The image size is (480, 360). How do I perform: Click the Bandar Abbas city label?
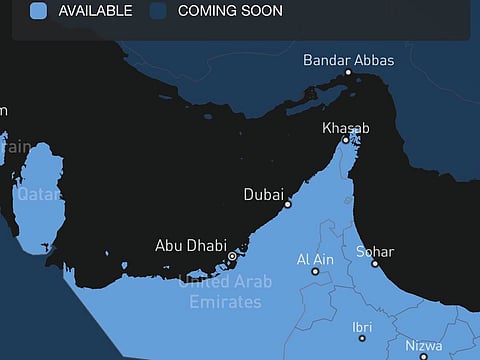(x=348, y=60)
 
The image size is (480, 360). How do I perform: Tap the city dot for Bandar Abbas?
(x=348, y=72)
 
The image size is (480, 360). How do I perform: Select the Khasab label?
(x=346, y=128)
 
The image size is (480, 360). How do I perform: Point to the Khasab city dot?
(x=346, y=140)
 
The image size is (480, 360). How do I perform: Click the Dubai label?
(x=264, y=194)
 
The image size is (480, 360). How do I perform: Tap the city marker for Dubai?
(x=288, y=204)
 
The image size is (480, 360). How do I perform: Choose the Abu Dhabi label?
(x=191, y=245)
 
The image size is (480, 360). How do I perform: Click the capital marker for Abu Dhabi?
(x=232, y=257)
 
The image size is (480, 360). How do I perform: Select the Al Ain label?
(x=315, y=260)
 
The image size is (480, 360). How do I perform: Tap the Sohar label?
(x=375, y=252)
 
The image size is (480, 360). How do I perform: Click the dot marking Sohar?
(x=375, y=264)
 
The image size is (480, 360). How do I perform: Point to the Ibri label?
(x=362, y=327)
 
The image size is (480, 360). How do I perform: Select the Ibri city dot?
(x=362, y=338)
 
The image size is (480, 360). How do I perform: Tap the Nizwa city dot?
(x=423, y=355)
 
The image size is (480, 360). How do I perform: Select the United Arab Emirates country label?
(x=225, y=291)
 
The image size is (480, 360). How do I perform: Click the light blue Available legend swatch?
(x=38, y=11)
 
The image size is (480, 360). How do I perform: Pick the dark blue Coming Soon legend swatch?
(x=157, y=11)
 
